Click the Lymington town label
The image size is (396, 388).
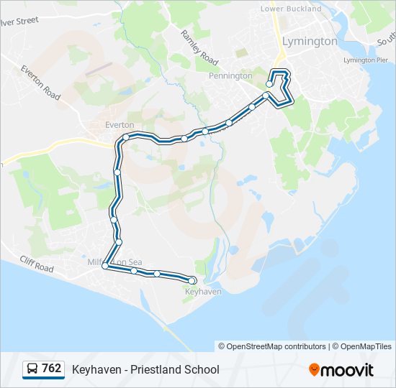(310, 41)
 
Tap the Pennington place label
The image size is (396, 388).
(230, 75)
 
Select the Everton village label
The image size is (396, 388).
(120, 124)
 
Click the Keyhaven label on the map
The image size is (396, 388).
(203, 292)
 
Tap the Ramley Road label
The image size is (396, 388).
(199, 46)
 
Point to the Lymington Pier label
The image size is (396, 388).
(365, 60)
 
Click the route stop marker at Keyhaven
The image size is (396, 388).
(192, 280)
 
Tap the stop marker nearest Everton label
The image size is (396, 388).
(126, 137)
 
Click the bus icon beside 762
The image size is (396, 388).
(32, 369)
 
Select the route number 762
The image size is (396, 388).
(52, 369)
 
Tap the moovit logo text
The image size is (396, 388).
(347, 370)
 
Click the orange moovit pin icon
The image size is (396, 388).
(314, 370)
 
